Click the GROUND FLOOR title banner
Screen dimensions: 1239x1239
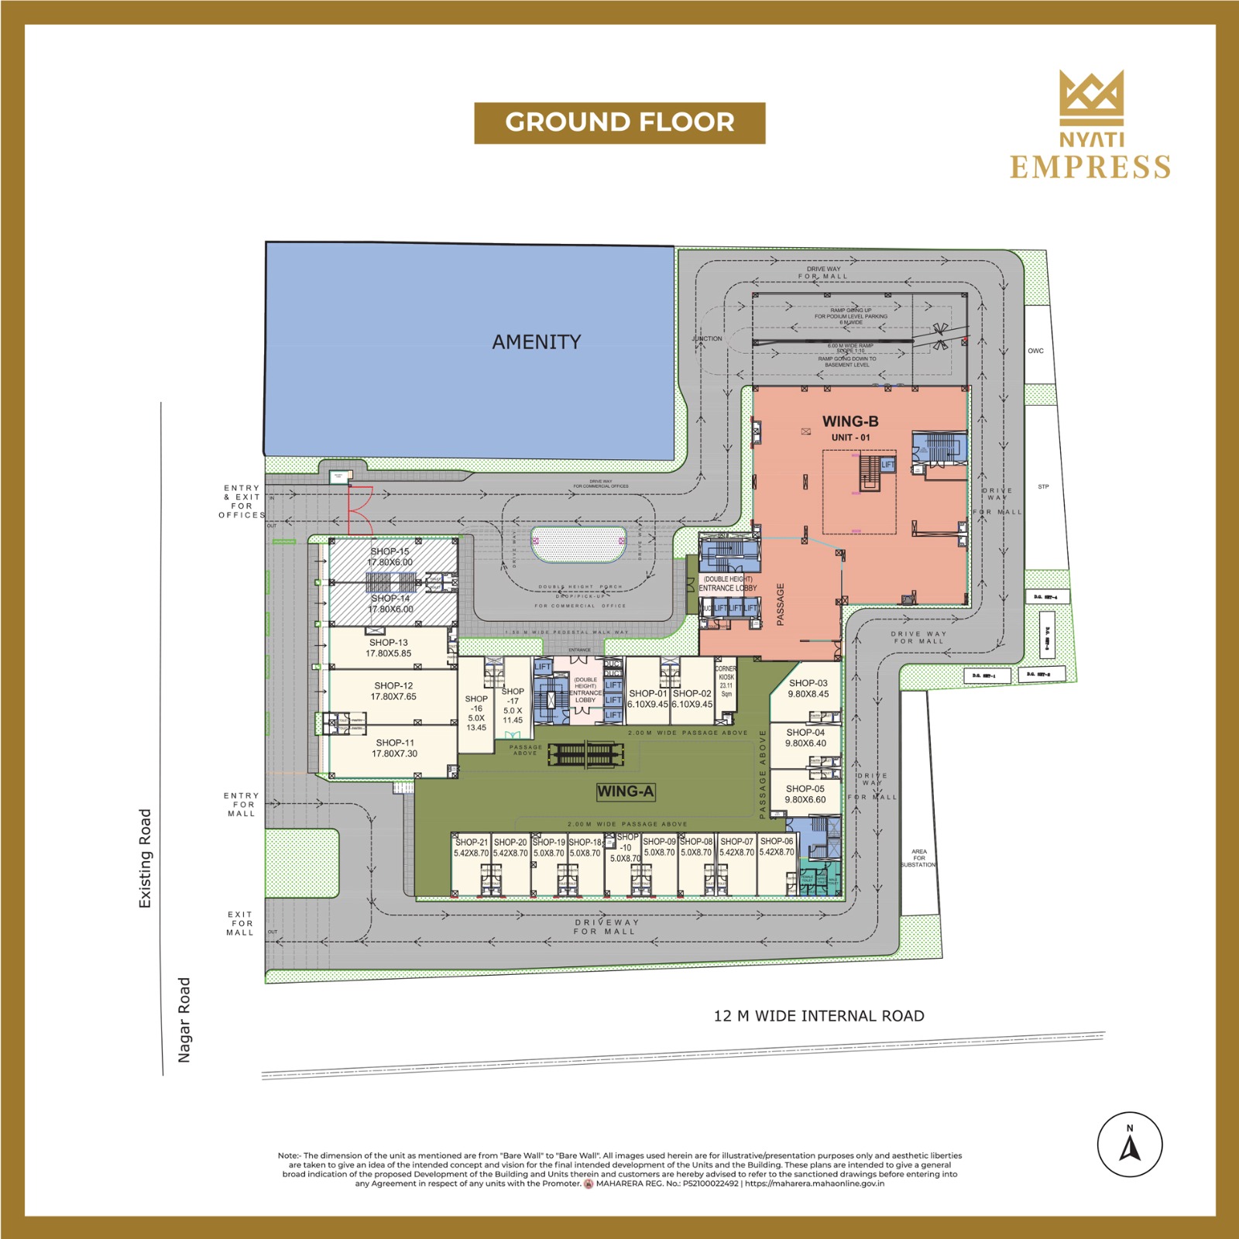619,122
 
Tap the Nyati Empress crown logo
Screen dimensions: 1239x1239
1092,97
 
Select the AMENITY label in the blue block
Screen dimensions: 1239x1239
536,341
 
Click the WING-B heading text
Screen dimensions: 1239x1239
850,421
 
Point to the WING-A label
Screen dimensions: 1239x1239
626,791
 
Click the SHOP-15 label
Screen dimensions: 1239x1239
390,552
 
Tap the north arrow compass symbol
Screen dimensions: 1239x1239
1130,1145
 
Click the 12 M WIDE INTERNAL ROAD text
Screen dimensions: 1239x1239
819,1016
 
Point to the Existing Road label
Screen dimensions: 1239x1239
145,858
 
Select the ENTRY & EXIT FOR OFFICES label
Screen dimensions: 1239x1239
242,501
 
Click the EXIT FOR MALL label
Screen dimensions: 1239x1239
240,923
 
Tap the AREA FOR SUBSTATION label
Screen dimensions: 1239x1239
918,857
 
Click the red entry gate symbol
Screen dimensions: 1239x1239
359,510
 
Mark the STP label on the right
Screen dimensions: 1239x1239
1042,487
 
